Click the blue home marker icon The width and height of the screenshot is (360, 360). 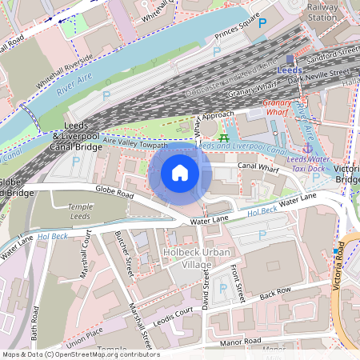click(180, 172)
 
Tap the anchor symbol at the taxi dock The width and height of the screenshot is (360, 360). click(307, 147)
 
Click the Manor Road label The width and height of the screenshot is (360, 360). click(242, 342)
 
